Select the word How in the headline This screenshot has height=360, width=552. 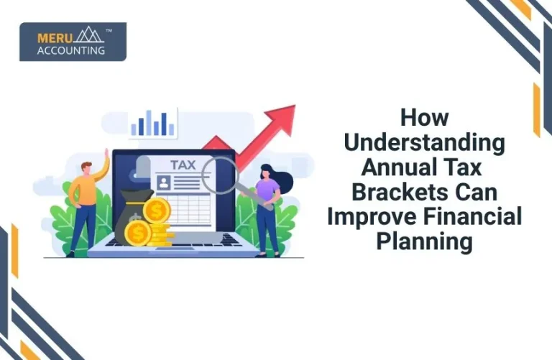424,117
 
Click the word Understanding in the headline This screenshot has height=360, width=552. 424,142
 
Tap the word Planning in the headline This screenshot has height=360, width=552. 424,241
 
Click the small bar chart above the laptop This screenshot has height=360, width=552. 153,124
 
